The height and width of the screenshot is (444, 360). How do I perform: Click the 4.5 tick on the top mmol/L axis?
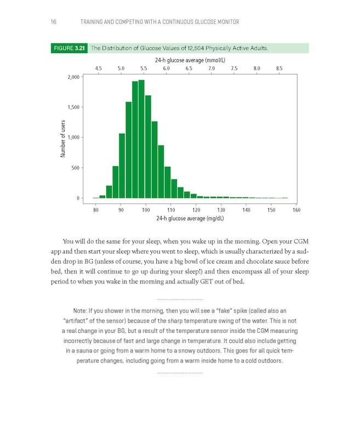98,69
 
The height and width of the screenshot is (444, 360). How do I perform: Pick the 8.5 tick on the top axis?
279,69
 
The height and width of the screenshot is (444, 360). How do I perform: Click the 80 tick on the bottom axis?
96,209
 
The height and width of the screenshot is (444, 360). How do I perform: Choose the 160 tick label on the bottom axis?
296,209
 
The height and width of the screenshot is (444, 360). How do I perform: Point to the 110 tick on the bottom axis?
171,209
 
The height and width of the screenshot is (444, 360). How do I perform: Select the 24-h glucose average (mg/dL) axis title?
190,218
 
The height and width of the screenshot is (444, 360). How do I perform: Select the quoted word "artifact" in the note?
83,320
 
